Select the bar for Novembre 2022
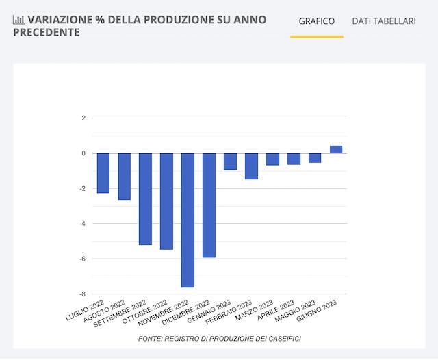188,220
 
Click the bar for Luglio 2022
103,172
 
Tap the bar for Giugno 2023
336,149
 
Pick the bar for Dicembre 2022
209,205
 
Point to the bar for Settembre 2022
146,198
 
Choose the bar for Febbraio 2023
252,166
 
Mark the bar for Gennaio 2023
231,161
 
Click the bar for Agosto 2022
125,176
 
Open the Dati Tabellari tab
384,21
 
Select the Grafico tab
317,21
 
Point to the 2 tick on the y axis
83,118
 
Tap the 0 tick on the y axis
83,153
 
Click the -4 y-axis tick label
82,224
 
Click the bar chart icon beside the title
18,20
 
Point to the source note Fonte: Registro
219,339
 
